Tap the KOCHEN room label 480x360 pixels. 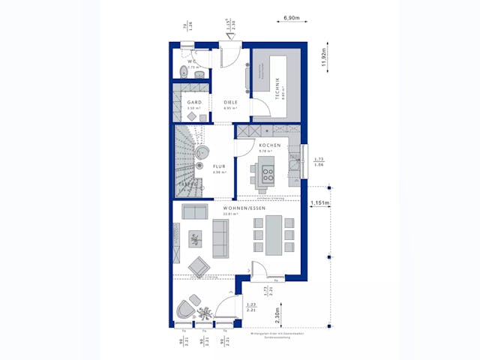pyautogui.click(x=270, y=145)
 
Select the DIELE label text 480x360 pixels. pyautogui.click(x=230, y=103)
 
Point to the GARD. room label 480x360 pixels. pyautogui.click(x=194, y=103)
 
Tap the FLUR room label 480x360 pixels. pyautogui.click(x=219, y=167)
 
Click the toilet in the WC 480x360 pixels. pyautogui.click(x=184, y=71)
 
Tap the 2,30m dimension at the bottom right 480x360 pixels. pyautogui.click(x=277, y=313)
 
